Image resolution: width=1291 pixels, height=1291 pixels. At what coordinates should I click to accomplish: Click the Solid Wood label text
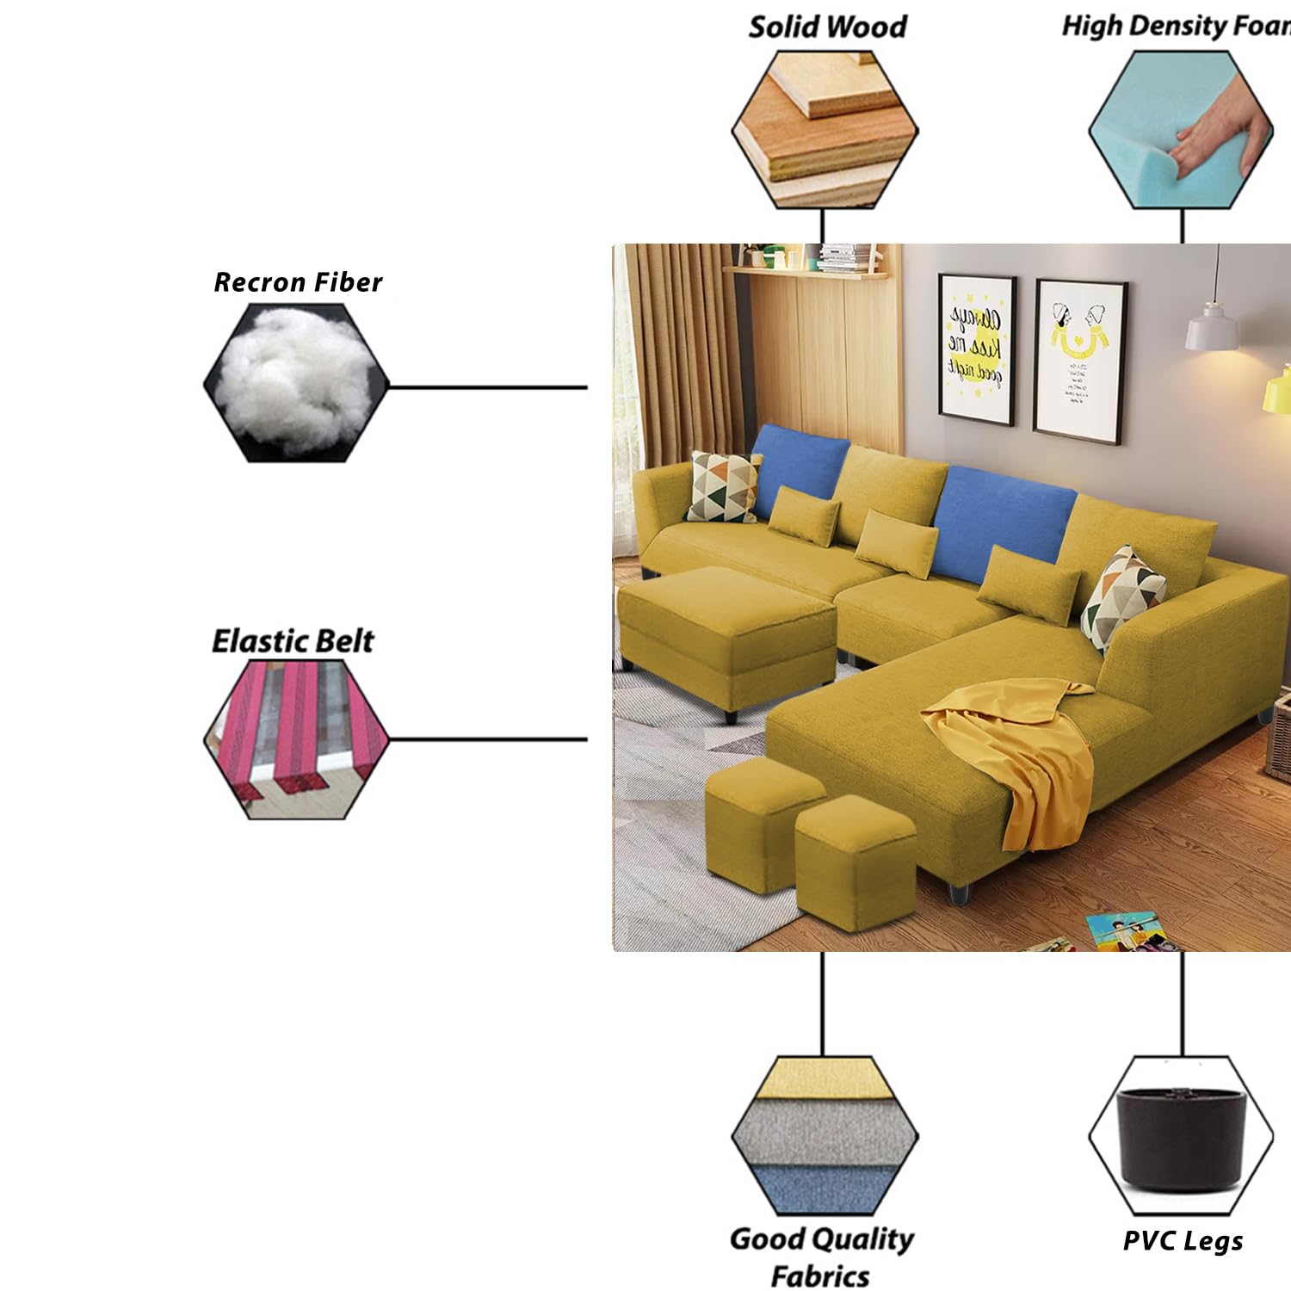pos(827,27)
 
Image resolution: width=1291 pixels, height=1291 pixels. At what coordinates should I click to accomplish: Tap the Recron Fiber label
pos(298,282)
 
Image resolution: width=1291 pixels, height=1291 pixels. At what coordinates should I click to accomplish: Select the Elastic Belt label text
pos(293,641)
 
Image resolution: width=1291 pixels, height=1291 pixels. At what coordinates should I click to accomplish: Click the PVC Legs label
pos(1183,1240)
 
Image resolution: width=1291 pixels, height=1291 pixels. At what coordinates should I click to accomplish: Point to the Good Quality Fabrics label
pos(821,1257)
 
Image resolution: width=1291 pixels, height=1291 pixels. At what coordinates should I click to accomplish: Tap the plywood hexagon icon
pos(825,129)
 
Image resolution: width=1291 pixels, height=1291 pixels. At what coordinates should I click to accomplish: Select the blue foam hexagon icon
pos(1180,129)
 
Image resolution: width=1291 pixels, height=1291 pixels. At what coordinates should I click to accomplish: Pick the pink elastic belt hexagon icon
pos(295,738)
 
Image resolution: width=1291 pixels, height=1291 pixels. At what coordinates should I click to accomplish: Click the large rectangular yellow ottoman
pos(728,637)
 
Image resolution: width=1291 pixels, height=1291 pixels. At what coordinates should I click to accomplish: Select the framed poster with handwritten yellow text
pos(976,350)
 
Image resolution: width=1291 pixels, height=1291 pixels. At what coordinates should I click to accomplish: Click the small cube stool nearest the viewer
pos(854,865)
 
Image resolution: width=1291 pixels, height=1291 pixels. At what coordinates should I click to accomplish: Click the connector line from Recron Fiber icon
pos(487,387)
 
